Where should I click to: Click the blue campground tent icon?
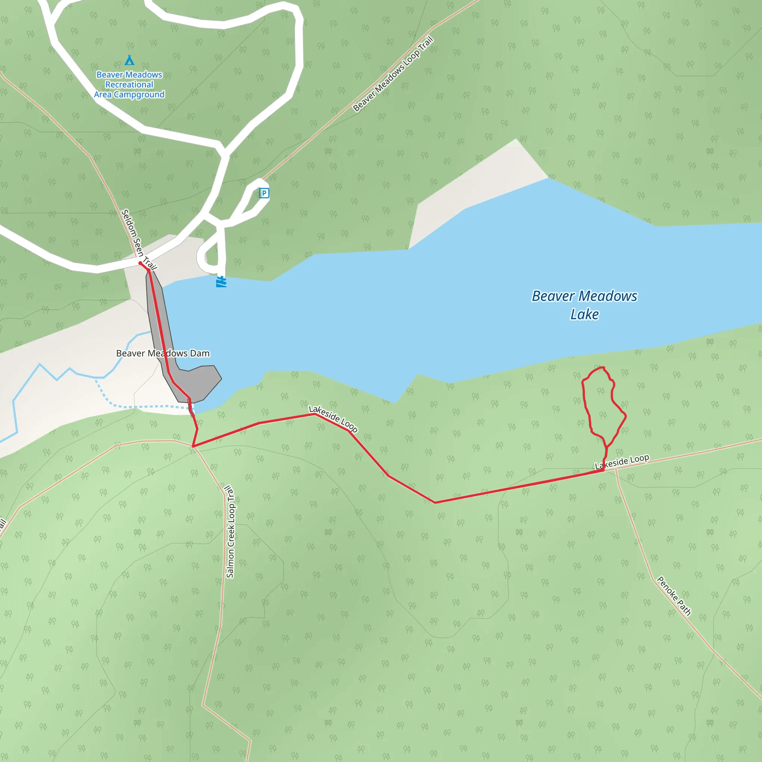129,60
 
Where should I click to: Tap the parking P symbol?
264,193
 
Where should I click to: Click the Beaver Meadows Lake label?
585,305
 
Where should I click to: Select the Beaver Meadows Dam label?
163,353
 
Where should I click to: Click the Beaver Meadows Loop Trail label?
393,74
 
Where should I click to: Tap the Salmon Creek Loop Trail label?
230,532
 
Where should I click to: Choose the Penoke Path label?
674,596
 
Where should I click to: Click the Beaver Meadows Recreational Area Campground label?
129,84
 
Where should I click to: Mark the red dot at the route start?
140,263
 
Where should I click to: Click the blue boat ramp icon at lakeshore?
221,282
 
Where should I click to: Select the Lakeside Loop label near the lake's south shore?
333,419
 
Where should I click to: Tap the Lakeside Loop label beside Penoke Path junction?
622,462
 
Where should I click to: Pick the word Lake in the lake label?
585,314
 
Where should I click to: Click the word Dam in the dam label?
200,353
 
